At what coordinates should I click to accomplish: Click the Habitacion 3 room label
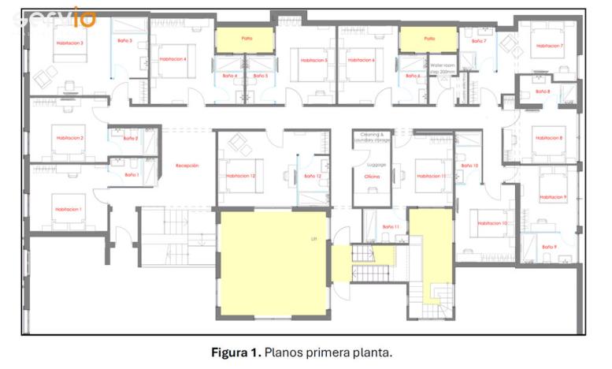[x=69, y=43]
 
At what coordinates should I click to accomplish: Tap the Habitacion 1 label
[x=69, y=209]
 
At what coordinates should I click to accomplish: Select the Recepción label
[x=187, y=166]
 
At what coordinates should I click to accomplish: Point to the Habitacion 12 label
[x=241, y=176]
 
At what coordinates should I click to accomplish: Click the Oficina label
[x=372, y=177]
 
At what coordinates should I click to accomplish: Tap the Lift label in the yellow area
[x=314, y=237]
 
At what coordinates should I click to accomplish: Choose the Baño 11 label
[x=391, y=227]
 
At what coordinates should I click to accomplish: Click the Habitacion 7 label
[x=550, y=46]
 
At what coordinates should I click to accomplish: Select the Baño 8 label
[x=543, y=91]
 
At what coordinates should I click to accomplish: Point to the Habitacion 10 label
[x=492, y=223]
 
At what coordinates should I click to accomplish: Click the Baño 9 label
[x=549, y=247]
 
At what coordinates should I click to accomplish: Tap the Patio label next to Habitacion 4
[x=246, y=38]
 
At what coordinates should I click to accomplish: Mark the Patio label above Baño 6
[x=429, y=38]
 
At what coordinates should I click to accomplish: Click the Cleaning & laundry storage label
[x=372, y=138]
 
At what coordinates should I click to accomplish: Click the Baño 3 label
[x=124, y=40]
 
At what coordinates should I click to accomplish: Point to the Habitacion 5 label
[x=314, y=60]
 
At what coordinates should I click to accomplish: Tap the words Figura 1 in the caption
[x=236, y=352]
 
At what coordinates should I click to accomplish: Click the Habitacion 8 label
[x=549, y=138]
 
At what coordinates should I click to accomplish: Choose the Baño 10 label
[x=469, y=166]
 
